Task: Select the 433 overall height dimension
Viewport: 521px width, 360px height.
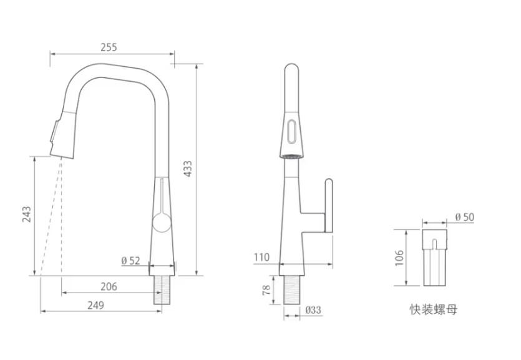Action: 187,169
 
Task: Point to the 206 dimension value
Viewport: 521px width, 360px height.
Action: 109,287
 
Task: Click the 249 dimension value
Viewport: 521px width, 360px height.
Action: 95,305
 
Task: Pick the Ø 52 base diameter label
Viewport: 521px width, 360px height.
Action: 130,261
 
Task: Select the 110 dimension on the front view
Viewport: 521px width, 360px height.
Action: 261,257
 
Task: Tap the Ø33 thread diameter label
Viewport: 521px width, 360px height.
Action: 313,310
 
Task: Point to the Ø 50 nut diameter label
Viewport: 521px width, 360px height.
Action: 464,216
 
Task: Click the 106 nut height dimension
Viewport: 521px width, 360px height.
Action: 399,257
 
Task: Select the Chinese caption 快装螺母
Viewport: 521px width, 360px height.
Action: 433,309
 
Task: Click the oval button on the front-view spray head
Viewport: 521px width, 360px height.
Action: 291,132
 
